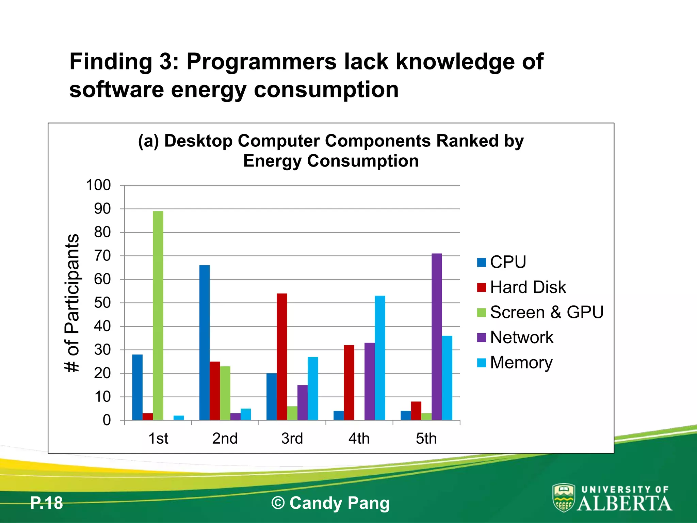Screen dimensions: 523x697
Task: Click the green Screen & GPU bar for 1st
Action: pyautogui.click(x=158, y=316)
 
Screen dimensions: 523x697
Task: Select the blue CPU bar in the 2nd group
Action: pyautogui.click(x=205, y=343)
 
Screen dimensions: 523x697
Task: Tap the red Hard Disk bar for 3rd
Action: pyautogui.click(x=282, y=357)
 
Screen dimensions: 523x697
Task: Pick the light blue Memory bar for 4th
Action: pyautogui.click(x=380, y=358)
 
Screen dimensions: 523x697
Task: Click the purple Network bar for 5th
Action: pyautogui.click(x=437, y=337)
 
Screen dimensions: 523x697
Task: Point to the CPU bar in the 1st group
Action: pyautogui.click(x=137, y=387)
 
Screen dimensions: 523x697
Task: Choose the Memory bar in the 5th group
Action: pyautogui.click(x=447, y=378)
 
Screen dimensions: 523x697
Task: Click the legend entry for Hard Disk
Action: pyautogui.click(x=528, y=287)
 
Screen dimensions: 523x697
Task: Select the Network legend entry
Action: pyautogui.click(x=522, y=337)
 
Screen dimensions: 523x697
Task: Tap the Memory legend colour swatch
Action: pyautogui.click(x=482, y=363)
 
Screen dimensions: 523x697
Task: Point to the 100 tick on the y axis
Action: pyautogui.click(x=98, y=186)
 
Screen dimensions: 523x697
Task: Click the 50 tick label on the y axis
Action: pyautogui.click(x=102, y=303)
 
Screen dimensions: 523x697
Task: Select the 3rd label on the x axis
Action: pyautogui.click(x=292, y=439)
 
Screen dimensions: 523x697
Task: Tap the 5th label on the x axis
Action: pyautogui.click(x=426, y=439)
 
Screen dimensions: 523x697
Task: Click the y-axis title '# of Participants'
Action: pyautogui.click(x=72, y=303)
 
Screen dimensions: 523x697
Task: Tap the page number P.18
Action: pyautogui.click(x=47, y=503)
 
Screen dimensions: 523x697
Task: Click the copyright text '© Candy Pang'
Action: pyautogui.click(x=330, y=503)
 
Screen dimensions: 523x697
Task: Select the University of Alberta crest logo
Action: pyautogui.click(x=564, y=498)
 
